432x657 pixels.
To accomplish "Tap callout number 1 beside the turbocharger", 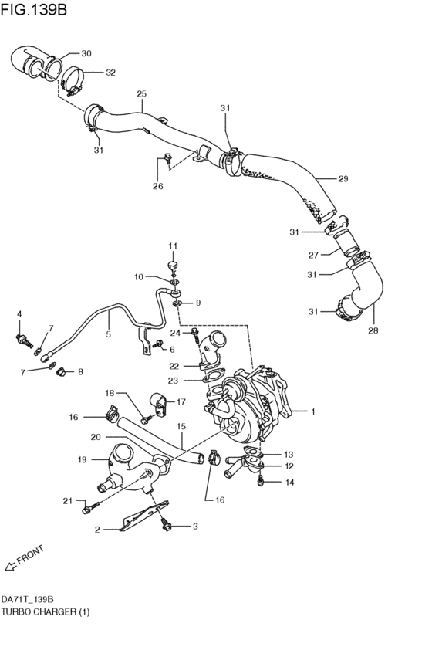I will [x=313, y=411].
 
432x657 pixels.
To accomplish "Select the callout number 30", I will [x=86, y=53].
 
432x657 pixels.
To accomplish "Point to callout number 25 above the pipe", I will [x=141, y=94].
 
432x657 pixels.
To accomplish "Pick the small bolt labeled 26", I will [x=166, y=161].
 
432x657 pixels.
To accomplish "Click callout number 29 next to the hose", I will [x=343, y=179].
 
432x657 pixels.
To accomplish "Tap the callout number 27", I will [x=314, y=254].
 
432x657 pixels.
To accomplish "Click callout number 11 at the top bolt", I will [x=173, y=246].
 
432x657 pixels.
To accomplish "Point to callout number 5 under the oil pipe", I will [x=108, y=334].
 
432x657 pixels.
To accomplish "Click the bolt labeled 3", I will [x=164, y=526].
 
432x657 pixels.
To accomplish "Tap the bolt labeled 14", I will [x=262, y=480].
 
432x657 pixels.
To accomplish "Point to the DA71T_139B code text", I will [x=27, y=599].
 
